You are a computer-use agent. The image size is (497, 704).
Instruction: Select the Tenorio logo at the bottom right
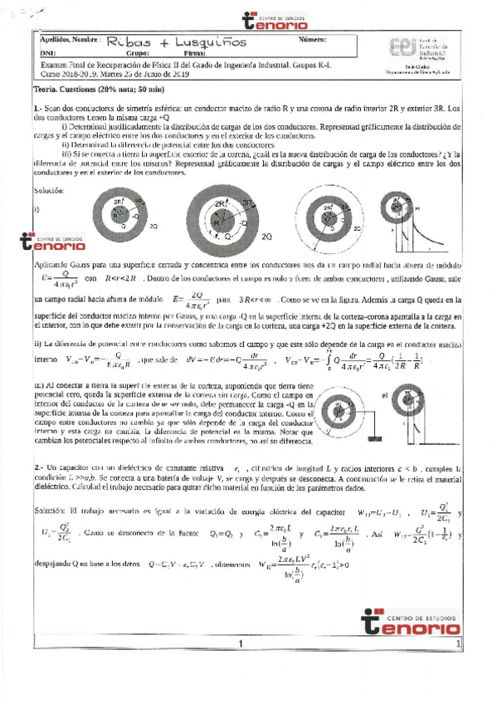tap(410, 621)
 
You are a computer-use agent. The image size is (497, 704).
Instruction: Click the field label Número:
tap(310, 39)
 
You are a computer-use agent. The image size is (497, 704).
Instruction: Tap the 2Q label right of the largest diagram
tap(267, 237)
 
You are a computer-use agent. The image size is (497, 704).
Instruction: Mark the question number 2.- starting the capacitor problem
tap(39, 469)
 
